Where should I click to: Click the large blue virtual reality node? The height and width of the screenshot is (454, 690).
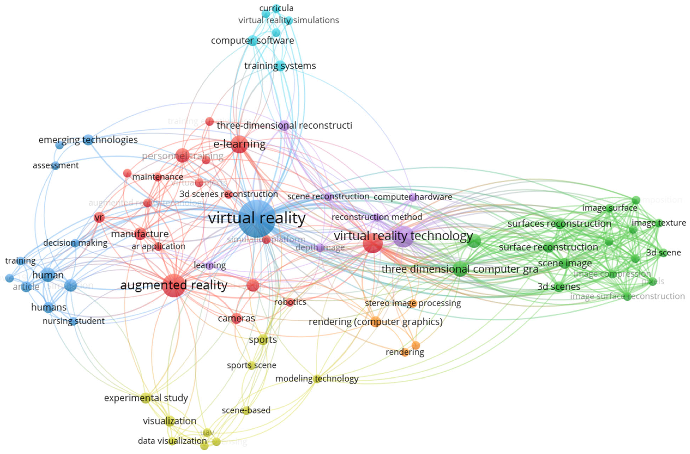[x=257, y=219]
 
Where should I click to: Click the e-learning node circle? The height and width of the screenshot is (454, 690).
[x=239, y=144]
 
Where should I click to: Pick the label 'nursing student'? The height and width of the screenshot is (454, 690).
[x=73, y=321]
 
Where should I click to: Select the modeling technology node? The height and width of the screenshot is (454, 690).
[x=317, y=379]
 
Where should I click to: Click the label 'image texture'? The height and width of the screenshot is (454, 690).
[x=659, y=223]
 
